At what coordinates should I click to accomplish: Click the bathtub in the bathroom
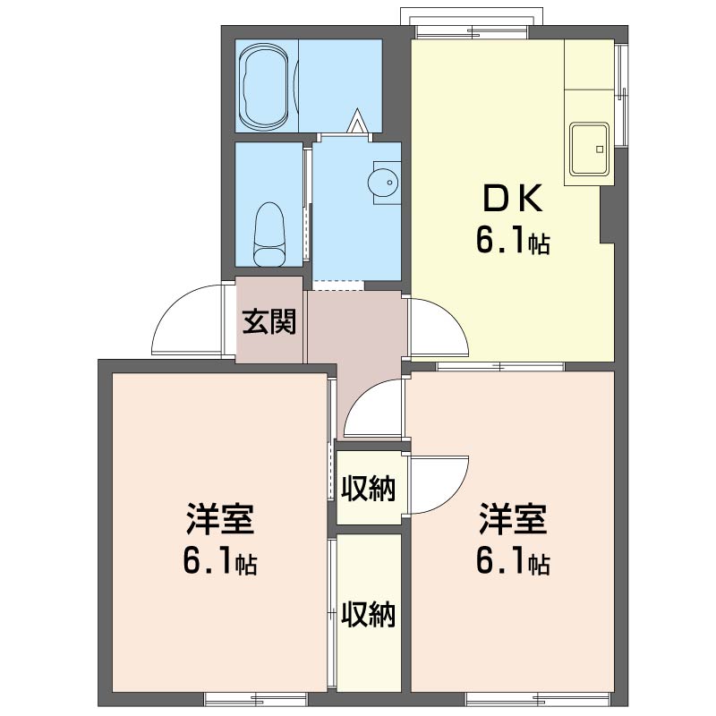264,85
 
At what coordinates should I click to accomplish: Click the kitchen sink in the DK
589,149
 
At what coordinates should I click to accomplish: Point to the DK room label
513,198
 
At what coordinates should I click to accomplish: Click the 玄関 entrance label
269,321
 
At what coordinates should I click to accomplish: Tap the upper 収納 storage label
368,488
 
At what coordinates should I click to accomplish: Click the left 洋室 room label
219,519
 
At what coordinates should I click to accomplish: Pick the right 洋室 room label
512,519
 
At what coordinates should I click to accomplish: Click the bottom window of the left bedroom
256,699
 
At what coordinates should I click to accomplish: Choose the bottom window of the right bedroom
538,699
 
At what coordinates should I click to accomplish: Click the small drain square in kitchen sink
600,149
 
